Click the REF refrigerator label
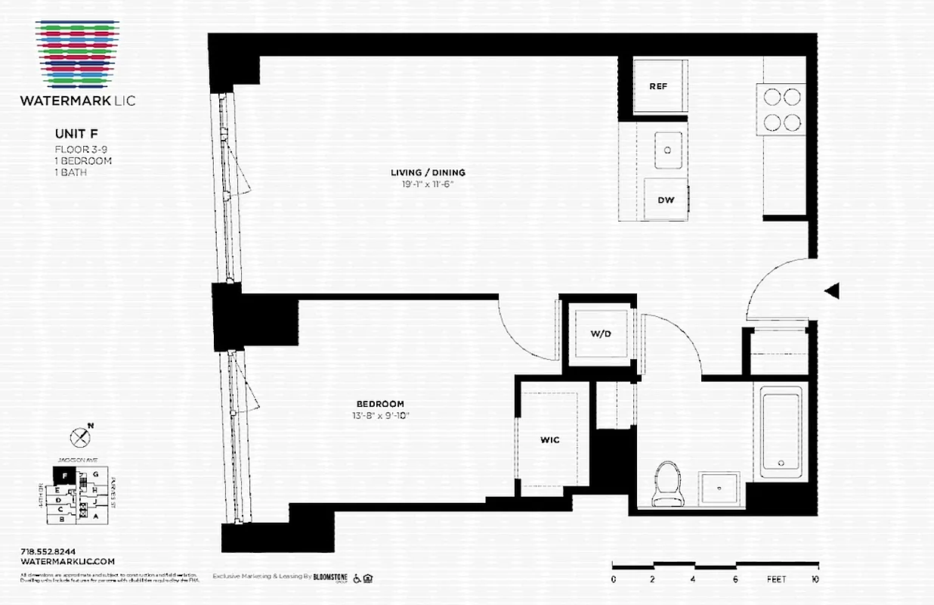(658, 86)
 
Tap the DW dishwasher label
(666, 200)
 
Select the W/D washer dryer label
(601, 334)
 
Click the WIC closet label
(549, 440)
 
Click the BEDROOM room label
(381, 404)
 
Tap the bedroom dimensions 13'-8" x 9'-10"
(381, 414)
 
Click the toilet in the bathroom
(666, 483)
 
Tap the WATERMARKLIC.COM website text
(67, 561)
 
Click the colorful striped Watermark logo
(76, 53)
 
